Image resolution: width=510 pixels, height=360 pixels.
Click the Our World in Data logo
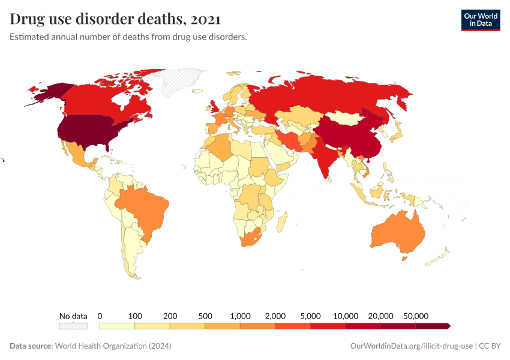tap(480, 20)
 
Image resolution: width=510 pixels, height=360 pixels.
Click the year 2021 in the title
tap(205, 19)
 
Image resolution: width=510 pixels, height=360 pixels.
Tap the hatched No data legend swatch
tap(73, 326)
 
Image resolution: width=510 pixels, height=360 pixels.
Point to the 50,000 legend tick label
tap(415, 316)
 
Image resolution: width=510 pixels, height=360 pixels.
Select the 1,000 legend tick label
tap(240, 316)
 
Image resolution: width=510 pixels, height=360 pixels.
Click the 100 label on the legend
tap(135, 316)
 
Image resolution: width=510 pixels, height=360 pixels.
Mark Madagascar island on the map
tap(281, 221)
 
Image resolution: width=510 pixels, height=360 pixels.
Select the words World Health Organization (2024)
tap(113, 346)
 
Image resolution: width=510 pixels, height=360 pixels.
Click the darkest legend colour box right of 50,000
tap(433, 326)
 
